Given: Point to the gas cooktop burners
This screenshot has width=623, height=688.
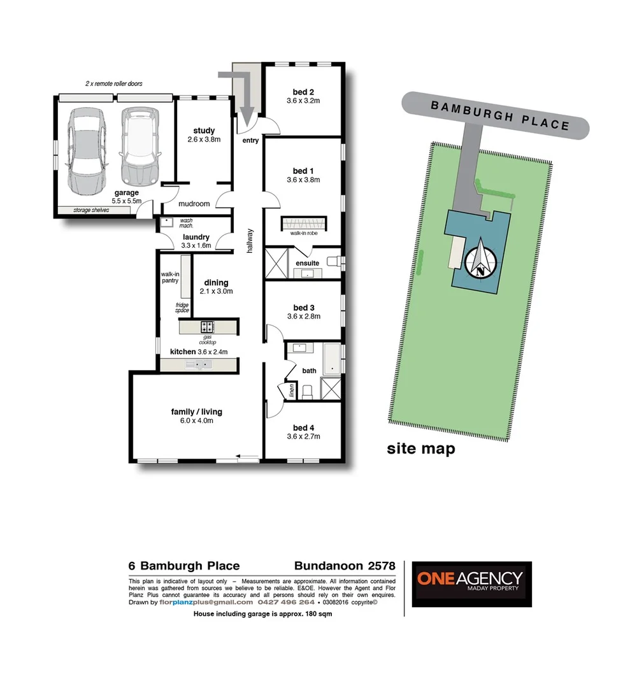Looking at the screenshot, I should pyautogui.click(x=208, y=327).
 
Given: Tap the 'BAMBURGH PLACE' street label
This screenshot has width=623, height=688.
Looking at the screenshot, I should pyautogui.click(x=499, y=115).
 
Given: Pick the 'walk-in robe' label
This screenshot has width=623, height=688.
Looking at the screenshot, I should pyautogui.click(x=304, y=234).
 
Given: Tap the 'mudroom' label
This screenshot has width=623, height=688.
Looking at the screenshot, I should pyautogui.click(x=194, y=204).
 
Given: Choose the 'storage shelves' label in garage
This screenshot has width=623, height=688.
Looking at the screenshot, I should pyautogui.click(x=83, y=210).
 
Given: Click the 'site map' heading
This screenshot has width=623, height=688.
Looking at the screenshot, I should pyautogui.click(x=421, y=449).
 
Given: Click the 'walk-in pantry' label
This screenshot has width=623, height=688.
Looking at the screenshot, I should pyautogui.click(x=169, y=277).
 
